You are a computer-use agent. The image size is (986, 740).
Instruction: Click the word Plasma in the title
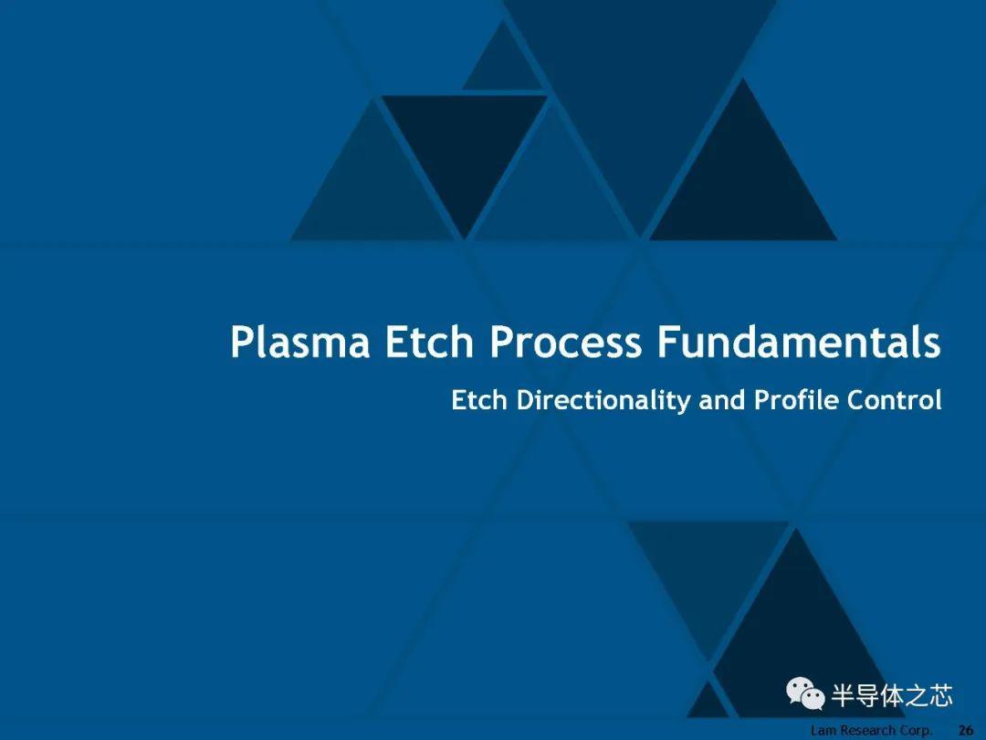tap(299, 343)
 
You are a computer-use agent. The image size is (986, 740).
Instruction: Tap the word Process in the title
tap(565, 343)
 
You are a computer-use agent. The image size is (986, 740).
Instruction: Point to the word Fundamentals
tap(799, 343)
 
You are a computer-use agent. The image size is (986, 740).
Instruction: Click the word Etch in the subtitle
tap(479, 400)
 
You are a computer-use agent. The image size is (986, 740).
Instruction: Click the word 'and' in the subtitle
tap(722, 400)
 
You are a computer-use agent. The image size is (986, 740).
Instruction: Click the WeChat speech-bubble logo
tap(805, 693)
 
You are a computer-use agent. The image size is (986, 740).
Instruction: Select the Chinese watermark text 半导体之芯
tap(892, 695)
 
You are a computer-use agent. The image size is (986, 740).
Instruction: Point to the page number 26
tap(966, 730)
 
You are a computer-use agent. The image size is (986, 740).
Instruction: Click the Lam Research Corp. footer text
tap(871, 731)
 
